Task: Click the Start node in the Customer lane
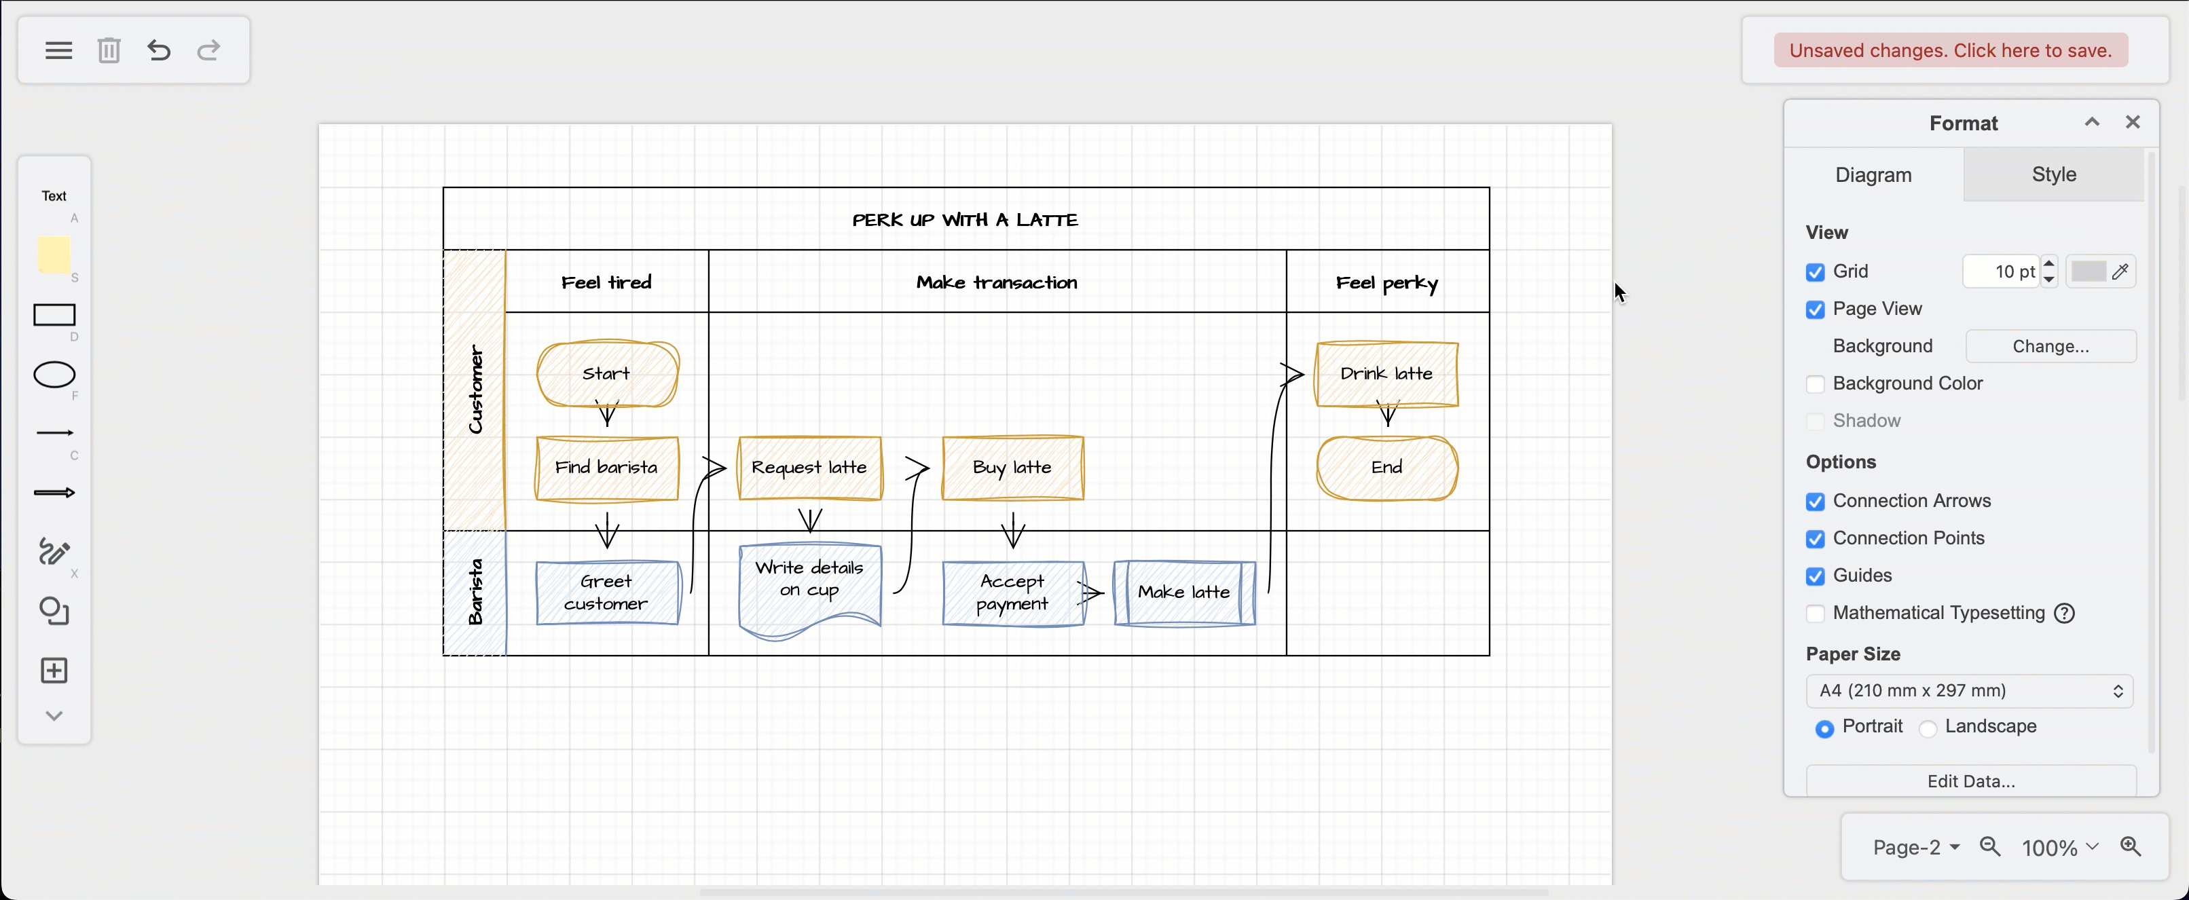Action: [x=607, y=374]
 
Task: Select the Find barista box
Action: [x=607, y=468]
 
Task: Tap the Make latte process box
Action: [x=1183, y=593]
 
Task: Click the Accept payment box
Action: [x=1012, y=593]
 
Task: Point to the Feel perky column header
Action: [x=1387, y=282]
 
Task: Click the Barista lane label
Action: [x=475, y=593]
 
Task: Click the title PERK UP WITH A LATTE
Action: [x=965, y=219]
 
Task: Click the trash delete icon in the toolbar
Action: [x=109, y=50]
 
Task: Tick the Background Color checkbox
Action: [x=1815, y=384]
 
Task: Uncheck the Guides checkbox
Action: [x=1815, y=576]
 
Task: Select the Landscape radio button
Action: [x=1928, y=728]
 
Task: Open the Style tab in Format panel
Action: [x=2053, y=174]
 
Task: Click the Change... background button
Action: [x=2050, y=346]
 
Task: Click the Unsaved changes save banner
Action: [x=1950, y=50]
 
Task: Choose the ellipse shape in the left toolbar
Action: [x=54, y=375]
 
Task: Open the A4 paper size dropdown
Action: [x=1969, y=691]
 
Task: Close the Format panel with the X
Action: [x=2132, y=122]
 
